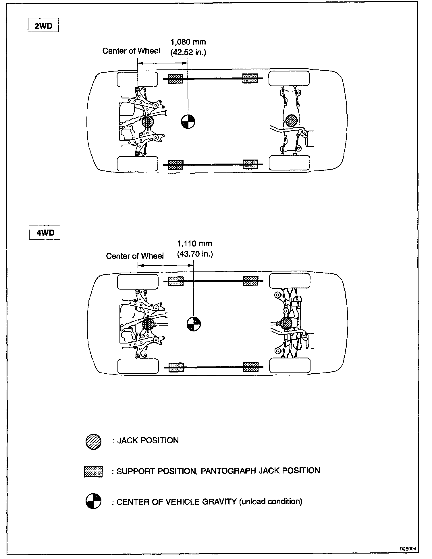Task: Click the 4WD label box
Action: tap(45, 232)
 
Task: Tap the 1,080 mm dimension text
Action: tap(188, 42)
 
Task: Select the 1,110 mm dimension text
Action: tap(194, 244)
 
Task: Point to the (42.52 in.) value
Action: tap(188, 53)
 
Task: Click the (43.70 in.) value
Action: tap(195, 254)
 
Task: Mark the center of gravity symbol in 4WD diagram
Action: tap(194, 324)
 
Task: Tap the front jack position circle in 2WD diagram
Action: tap(148, 122)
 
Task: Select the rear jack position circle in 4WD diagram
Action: tap(286, 323)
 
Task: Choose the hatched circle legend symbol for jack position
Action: tap(93, 442)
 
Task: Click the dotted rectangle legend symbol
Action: tap(93, 471)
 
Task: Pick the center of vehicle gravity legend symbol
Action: tap(93, 501)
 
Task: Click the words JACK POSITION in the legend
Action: tap(148, 440)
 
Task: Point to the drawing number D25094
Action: tap(408, 548)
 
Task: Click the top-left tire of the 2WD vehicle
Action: tap(137, 79)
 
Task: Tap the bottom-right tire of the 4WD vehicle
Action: tap(290, 366)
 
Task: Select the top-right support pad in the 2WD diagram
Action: tap(250, 78)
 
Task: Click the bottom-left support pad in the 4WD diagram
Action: tap(176, 367)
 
